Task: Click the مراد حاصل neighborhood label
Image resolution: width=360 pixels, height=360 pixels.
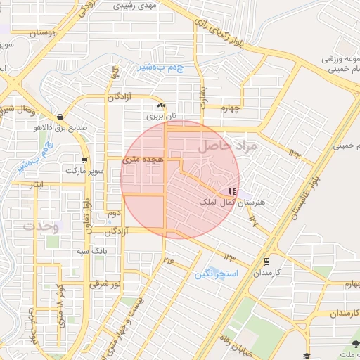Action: (x=229, y=146)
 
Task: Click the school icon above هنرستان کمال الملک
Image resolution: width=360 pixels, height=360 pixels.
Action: (x=232, y=191)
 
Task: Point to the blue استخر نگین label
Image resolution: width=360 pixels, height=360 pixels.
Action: (x=217, y=273)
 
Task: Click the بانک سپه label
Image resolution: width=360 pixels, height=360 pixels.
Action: (x=91, y=250)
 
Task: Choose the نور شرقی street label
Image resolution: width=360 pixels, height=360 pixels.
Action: (x=105, y=285)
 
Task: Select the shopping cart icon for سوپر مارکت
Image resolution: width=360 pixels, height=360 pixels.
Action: (x=84, y=160)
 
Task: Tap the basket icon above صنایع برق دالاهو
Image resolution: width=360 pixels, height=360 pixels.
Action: (x=60, y=117)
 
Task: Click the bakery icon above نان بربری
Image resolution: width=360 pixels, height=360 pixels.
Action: (x=161, y=105)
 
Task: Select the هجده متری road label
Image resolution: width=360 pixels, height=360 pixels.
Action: (x=143, y=160)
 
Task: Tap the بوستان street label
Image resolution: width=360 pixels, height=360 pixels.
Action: (x=44, y=32)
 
